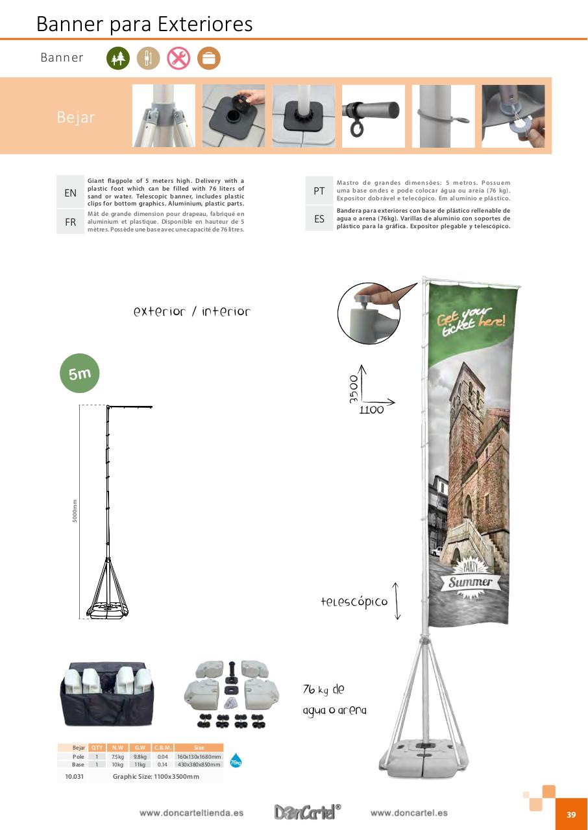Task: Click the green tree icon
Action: tap(118, 58)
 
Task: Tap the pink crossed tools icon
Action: tap(178, 58)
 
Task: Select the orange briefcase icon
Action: tap(209, 58)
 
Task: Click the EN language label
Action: tap(70, 193)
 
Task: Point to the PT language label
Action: tap(319, 191)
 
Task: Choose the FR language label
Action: tap(70, 222)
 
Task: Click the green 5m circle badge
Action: tap(80, 373)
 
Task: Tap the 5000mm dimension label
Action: tap(75, 511)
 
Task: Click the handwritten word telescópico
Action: tap(354, 602)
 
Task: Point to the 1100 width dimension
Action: tap(371, 410)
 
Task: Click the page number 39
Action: tap(571, 814)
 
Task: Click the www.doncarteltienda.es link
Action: tap(191, 813)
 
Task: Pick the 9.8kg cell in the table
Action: tap(140, 757)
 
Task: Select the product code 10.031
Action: tap(74, 776)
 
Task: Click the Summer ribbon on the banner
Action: tap(471, 582)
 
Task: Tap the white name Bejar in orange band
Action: tap(76, 117)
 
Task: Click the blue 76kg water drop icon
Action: tap(236, 761)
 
